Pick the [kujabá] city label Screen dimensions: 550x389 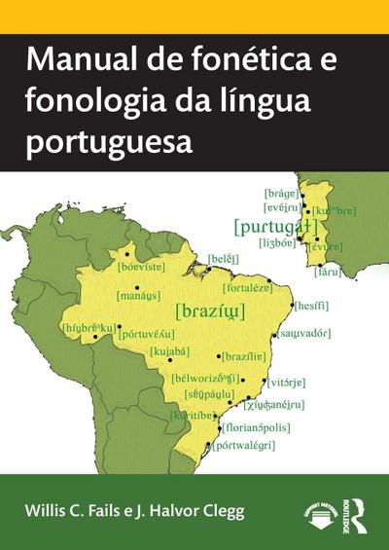click(168, 350)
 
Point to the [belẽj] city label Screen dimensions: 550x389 click(223, 258)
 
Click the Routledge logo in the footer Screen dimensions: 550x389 click(356, 509)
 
